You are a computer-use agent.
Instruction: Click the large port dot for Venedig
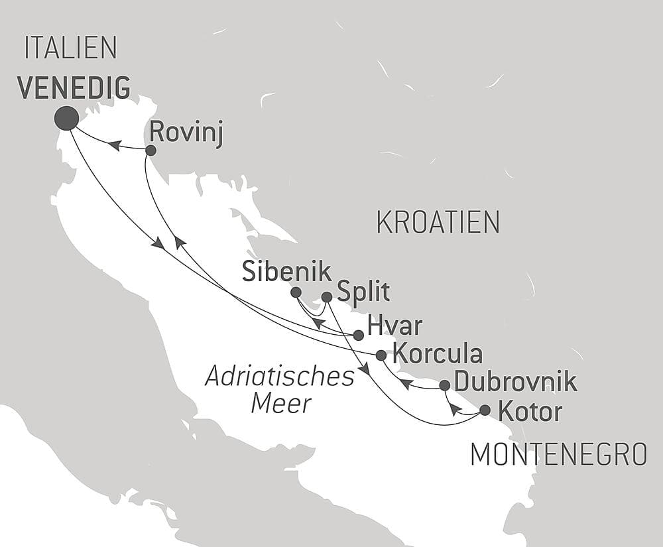click(x=66, y=118)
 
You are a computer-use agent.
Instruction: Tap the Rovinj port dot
click(x=151, y=151)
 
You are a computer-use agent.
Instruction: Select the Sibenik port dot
click(x=296, y=292)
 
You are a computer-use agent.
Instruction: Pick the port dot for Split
click(x=326, y=297)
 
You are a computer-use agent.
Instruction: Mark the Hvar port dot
click(x=358, y=335)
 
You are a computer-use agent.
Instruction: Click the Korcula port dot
click(x=381, y=355)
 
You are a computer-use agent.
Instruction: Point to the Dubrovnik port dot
click(x=445, y=385)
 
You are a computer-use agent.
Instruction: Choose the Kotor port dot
click(x=485, y=410)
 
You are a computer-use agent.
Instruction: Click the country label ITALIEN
click(x=70, y=48)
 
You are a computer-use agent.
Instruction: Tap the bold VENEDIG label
click(x=73, y=88)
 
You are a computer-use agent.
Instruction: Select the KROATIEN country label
click(x=438, y=223)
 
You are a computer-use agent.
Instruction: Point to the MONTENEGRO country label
click(x=558, y=455)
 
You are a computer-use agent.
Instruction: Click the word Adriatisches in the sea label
click(x=280, y=377)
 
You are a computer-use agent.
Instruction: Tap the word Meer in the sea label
click(x=281, y=403)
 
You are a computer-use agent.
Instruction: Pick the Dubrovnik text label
click(x=515, y=383)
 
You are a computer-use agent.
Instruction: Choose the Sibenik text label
click(x=286, y=271)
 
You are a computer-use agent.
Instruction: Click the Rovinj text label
click(x=186, y=133)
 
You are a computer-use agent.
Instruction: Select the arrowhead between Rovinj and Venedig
click(x=115, y=145)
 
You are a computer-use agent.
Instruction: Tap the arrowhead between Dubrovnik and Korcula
click(x=406, y=383)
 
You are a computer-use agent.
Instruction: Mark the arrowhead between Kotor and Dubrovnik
click(x=453, y=408)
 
